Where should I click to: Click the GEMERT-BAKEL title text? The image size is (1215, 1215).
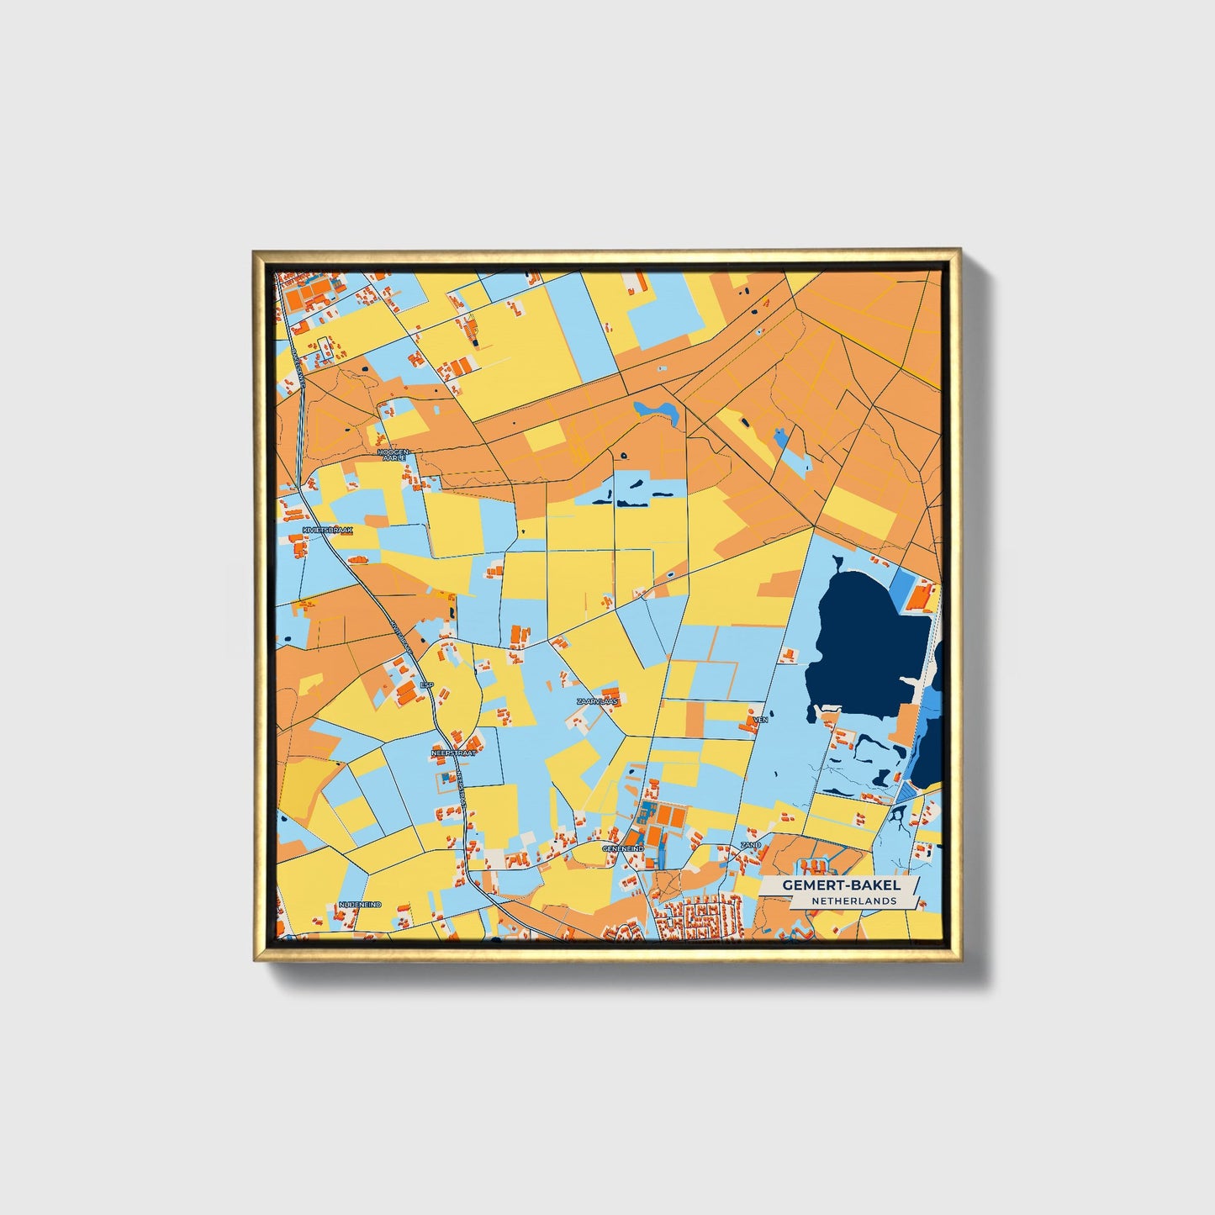(x=841, y=885)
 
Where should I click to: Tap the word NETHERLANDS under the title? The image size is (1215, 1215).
(x=853, y=901)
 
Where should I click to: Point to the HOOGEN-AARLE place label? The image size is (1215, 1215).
(x=394, y=455)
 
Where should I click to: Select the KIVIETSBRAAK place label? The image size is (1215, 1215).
(x=328, y=531)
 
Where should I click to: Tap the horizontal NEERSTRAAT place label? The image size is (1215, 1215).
(x=453, y=753)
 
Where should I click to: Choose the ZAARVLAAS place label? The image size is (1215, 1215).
(x=598, y=700)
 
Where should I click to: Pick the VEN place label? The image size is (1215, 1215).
(x=761, y=720)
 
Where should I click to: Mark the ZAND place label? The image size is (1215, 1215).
(x=750, y=844)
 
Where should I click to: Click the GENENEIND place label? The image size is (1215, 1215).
(x=623, y=849)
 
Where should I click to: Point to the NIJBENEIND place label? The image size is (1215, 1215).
(x=360, y=904)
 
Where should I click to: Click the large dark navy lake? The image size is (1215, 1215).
(x=866, y=639)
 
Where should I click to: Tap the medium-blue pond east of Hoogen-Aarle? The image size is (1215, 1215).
(x=657, y=410)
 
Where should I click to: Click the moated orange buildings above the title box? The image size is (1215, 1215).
(x=814, y=865)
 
